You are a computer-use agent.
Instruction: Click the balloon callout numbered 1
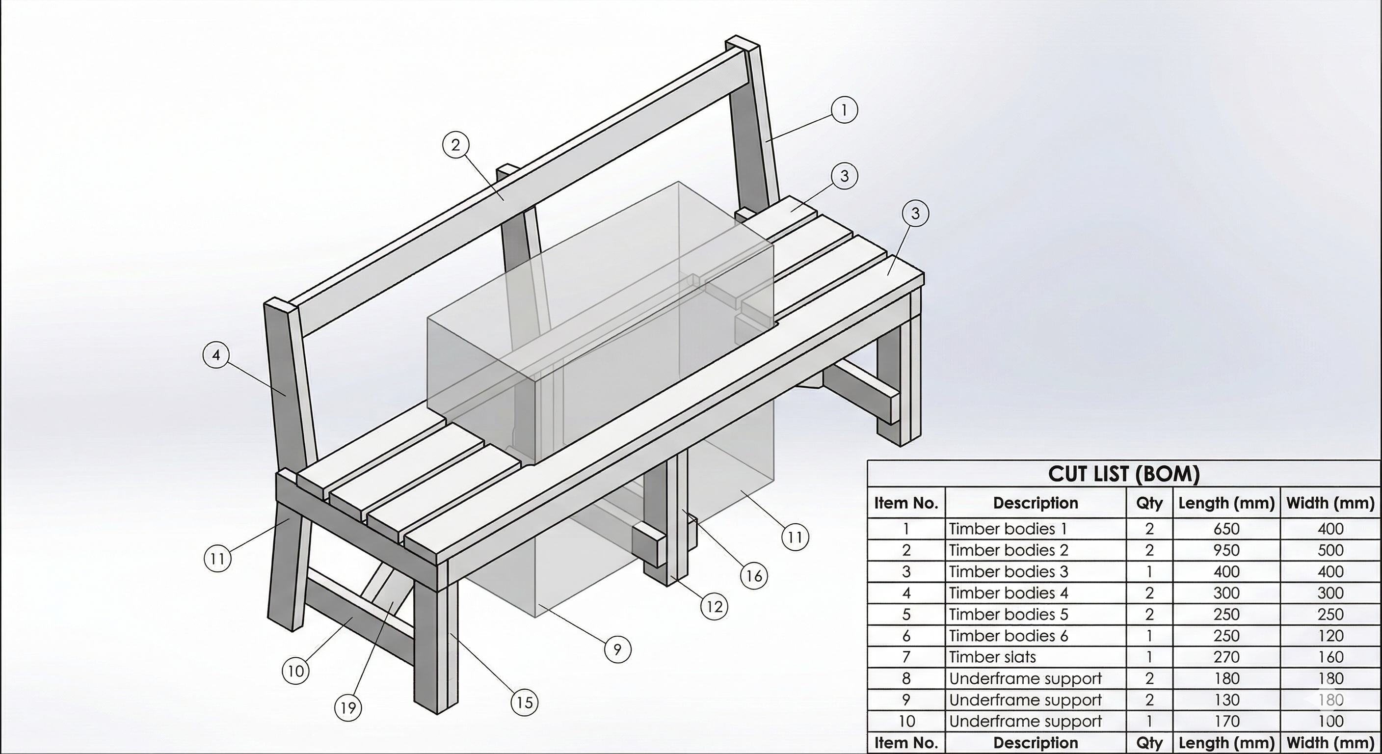click(844, 110)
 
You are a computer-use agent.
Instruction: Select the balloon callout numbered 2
click(455, 145)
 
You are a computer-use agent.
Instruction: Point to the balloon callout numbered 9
click(617, 649)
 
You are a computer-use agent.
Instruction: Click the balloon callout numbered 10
click(295, 671)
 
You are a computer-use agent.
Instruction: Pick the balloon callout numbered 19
click(348, 708)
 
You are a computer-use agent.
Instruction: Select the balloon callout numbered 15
click(524, 702)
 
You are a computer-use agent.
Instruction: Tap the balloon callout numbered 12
click(715, 607)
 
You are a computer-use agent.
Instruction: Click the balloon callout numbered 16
click(754, 576)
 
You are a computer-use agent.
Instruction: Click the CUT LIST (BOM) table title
click(1123, 474)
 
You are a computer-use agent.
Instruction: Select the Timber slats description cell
click(992, 657)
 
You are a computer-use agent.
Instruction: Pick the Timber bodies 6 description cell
click(1008, 636)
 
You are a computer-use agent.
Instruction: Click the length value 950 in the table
click(1226, 550)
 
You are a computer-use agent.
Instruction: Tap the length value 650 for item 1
click(1226, 529)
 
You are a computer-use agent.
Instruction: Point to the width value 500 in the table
click(1330, 550)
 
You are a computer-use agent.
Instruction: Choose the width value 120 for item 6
click(1330, 636)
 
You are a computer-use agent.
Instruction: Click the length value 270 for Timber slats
click(1226, 657)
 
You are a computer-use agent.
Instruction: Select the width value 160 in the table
click(1330, 657)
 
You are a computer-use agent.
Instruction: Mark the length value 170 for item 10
click(1226, 721)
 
